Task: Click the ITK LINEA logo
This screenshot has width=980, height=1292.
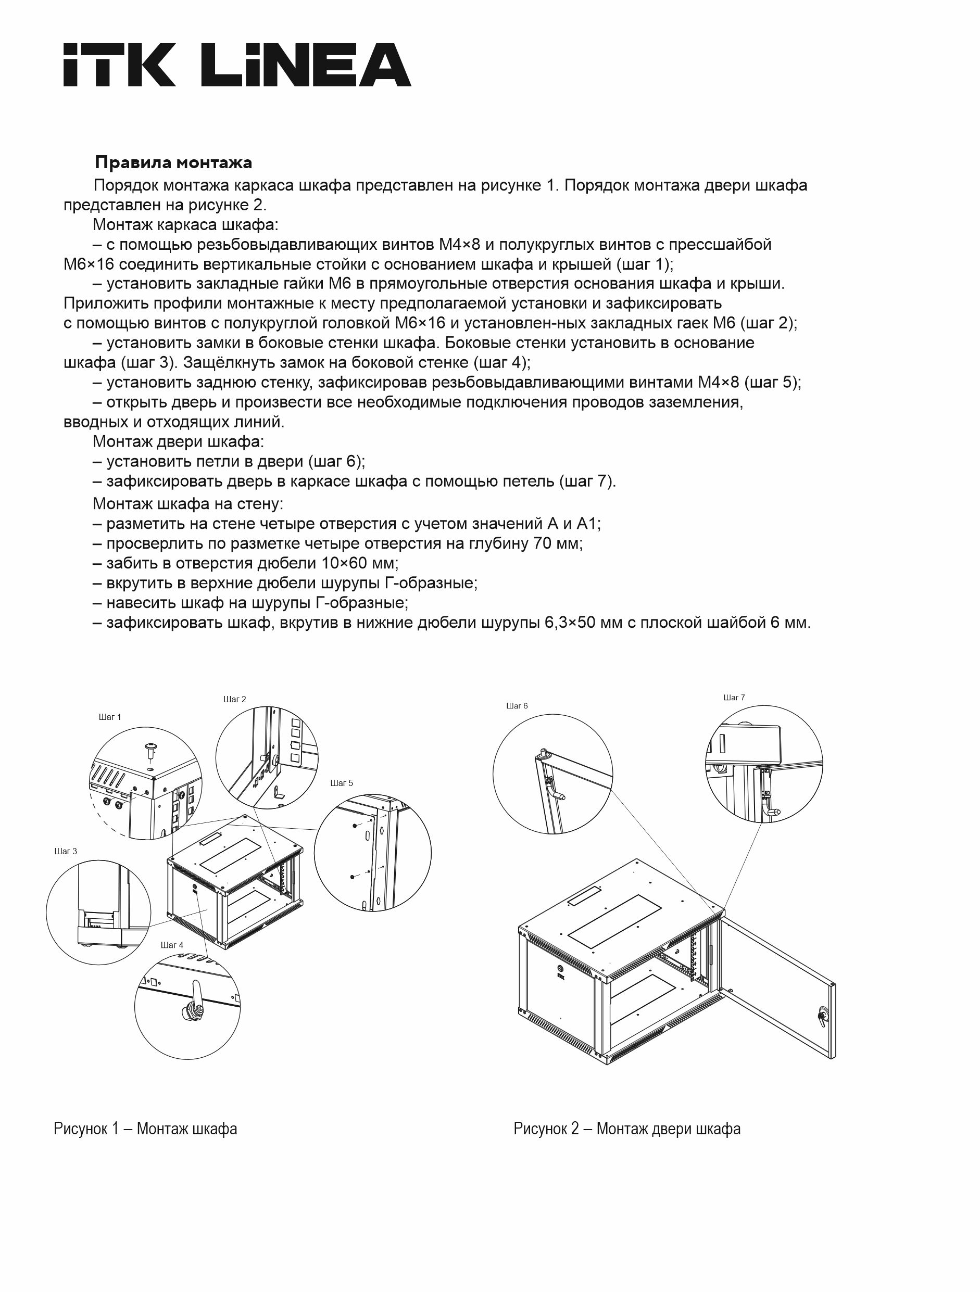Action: (237, 65)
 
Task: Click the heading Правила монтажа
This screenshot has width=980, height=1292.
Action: (173, 162)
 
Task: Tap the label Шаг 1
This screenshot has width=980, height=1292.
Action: (110, 717)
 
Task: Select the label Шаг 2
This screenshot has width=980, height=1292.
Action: (234, 699)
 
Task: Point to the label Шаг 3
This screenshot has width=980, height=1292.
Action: (66, 851)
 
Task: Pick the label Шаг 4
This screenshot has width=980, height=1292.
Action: (172, 944)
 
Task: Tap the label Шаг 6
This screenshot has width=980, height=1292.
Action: (517, 705)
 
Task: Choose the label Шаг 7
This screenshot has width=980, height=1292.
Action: (734, 698)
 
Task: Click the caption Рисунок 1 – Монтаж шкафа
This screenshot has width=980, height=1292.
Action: (145, 1129)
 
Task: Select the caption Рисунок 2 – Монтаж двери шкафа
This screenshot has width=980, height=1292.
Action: (626, 1129)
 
